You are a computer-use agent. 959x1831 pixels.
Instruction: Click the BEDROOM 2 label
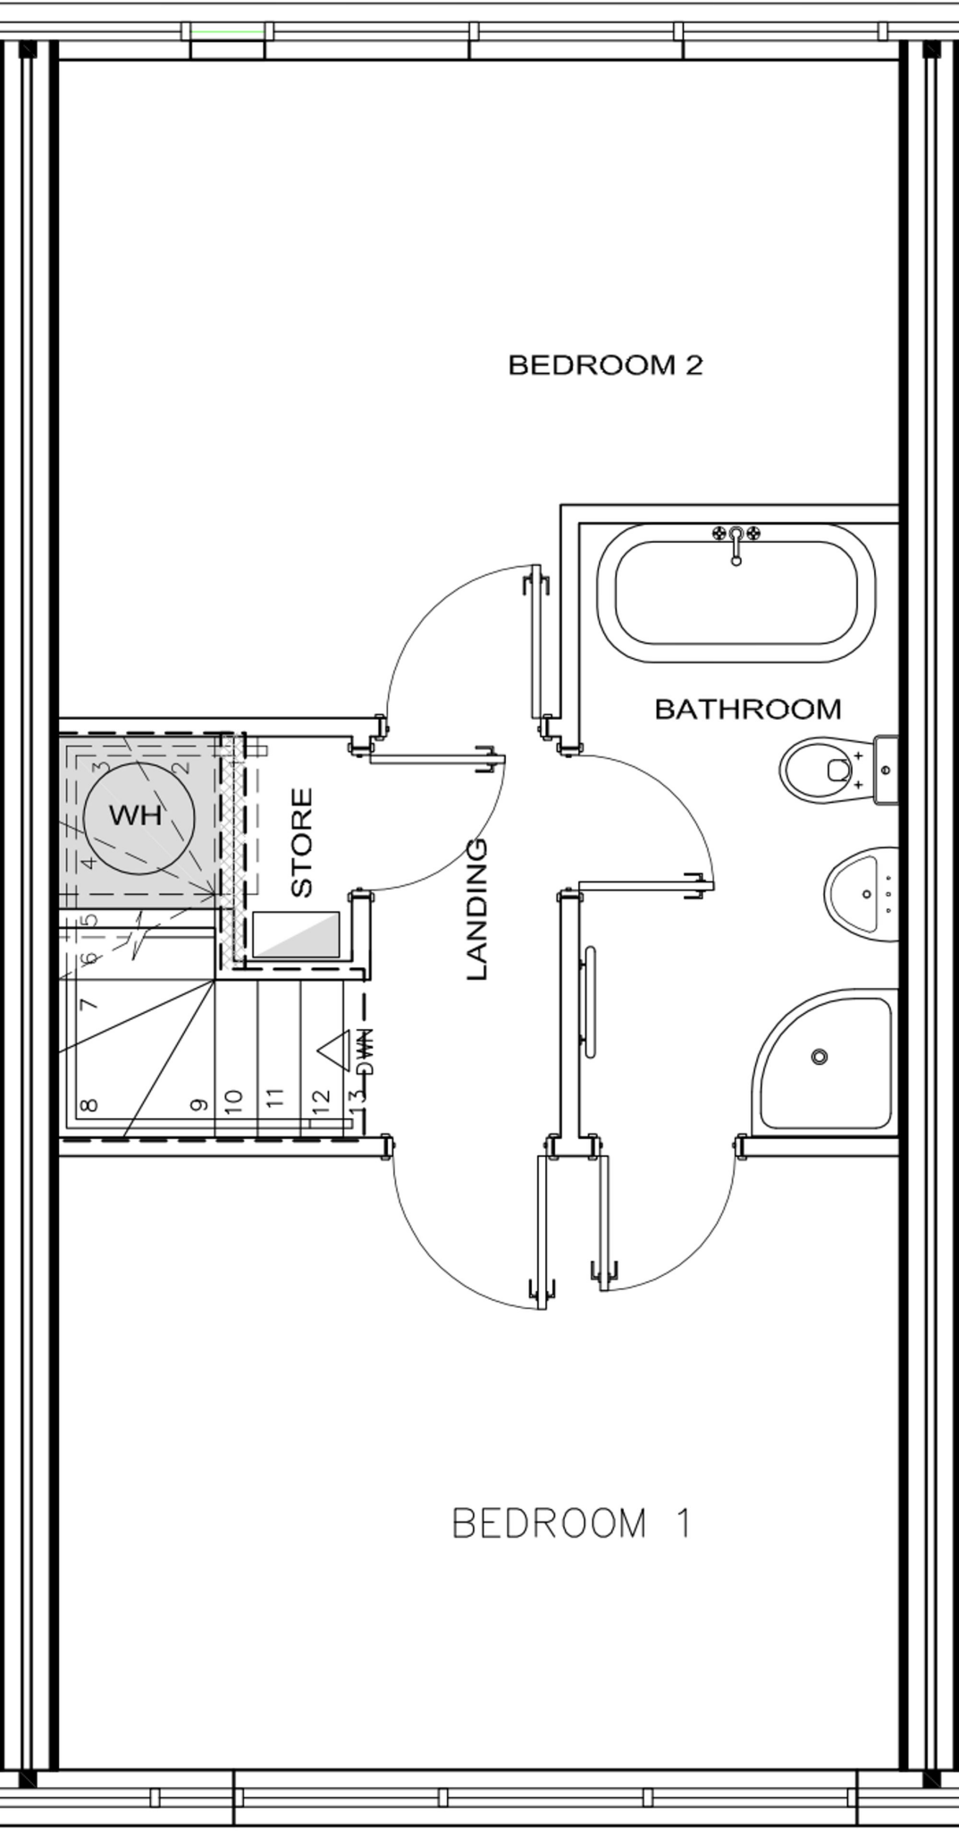(605, 365)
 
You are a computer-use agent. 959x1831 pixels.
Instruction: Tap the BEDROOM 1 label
(571, 1523)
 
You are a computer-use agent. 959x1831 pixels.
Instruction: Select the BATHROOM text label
(748, 709)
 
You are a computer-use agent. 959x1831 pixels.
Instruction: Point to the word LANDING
(477, 908)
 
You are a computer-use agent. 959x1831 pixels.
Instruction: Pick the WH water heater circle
(138, 815)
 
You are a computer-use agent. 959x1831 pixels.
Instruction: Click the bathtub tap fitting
(736, 540)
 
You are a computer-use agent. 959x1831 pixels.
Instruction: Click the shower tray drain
(819, 1057)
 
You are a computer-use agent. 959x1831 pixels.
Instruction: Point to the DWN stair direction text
(366, 1052)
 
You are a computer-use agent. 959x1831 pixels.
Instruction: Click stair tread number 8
(88, 1105)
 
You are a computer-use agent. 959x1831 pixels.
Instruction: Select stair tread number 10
(234, 1101)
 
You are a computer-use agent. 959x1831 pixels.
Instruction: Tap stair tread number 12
(322, 1099)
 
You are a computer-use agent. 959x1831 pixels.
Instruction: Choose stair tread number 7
(88, 1004)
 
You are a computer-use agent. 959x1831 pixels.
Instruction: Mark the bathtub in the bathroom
(736, 593)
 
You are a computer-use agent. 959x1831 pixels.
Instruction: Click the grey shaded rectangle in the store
(297, 934)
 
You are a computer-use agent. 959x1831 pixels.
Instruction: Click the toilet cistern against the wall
(886, 769)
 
